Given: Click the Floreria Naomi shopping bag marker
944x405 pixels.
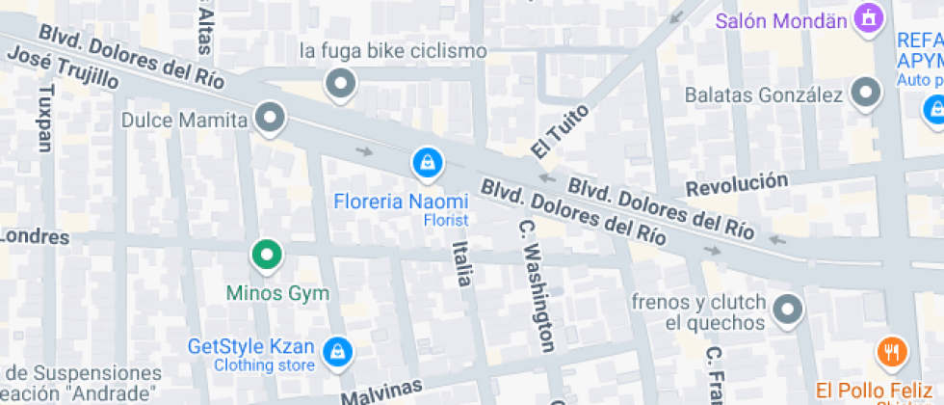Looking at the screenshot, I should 427,163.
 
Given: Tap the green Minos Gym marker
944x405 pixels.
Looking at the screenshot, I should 266,256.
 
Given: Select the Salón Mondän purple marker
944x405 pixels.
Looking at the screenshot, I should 870,18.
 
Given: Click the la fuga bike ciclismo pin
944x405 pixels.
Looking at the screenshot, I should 339,85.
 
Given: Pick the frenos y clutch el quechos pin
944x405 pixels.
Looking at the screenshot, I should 788,310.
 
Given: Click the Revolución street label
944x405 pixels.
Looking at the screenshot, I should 737,182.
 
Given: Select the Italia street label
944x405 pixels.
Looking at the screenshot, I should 461,263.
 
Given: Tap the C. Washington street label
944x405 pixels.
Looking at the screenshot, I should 538,285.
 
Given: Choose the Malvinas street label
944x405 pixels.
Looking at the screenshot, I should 383,392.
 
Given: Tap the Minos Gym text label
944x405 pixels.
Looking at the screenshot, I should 277,293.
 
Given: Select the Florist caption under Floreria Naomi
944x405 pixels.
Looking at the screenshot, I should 446,220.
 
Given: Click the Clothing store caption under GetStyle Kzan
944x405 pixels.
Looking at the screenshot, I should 264,365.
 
